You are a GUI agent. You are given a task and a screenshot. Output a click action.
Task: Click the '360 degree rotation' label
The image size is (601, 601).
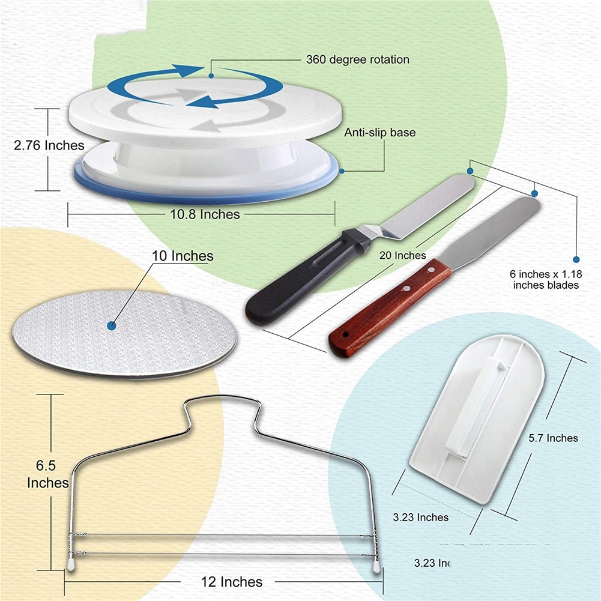pos(357,59)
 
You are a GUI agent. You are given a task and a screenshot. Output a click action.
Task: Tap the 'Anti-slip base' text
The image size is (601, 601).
pos(379,133)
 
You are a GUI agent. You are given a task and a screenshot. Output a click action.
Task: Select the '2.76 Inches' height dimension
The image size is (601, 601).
pos(49,145)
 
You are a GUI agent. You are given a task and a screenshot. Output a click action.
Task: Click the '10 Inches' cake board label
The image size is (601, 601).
pos(183,256)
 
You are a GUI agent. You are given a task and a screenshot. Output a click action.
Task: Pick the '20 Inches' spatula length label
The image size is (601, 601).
pos(403,255)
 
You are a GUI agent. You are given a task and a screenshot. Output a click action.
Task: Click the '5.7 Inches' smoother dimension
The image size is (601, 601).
pos(554,438)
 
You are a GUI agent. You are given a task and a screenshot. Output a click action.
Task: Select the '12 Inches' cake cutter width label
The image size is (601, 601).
pos(232,582)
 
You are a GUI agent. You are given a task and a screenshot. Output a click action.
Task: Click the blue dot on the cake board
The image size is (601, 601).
pos(111,325)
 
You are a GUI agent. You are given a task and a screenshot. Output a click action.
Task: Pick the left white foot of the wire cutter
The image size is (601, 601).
pos(70,566)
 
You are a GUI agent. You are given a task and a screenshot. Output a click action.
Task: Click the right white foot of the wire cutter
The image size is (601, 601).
pos(376,566)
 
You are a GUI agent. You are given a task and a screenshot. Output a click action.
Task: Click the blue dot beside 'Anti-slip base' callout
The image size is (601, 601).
pos(342,171)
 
